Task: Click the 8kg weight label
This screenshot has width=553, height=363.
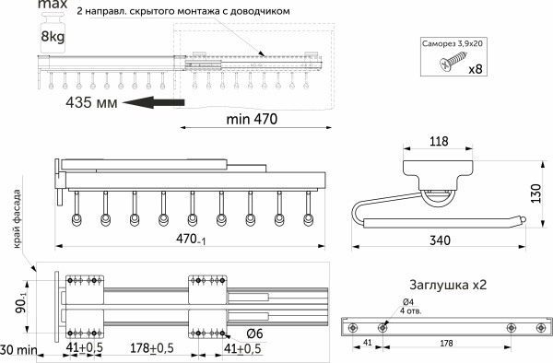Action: [53, 36]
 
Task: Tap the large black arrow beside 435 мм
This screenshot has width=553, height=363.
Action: [154, 102]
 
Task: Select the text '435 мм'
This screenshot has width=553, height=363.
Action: [91, 102]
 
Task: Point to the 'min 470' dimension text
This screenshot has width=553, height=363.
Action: [252, 119]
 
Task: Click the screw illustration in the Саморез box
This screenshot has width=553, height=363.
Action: [453, 61]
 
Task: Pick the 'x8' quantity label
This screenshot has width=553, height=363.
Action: [476, 68]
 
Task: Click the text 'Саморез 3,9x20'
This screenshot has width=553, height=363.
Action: [453, 43]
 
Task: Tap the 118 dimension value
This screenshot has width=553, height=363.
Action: [439, 141]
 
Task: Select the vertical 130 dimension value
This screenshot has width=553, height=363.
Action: [535, 193]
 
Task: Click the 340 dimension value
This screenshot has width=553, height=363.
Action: [440, 240]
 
